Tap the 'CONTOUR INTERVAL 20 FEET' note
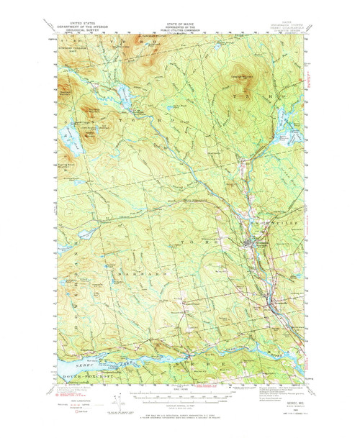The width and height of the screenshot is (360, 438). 179,405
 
